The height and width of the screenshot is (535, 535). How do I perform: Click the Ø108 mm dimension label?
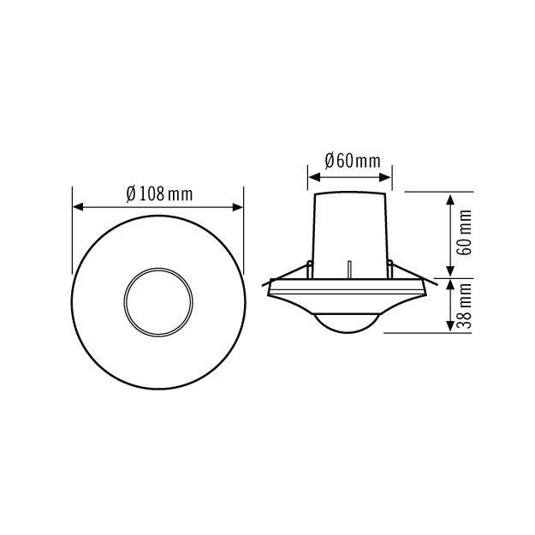[x=159, y=193]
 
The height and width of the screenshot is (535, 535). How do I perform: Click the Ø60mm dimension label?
[x=353, y=161]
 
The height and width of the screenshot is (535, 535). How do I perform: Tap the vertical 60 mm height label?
[x=464, y=233]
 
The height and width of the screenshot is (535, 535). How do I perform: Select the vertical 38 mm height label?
[x=464, y=306]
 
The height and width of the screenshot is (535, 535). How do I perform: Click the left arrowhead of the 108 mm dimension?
[x=78, y=207]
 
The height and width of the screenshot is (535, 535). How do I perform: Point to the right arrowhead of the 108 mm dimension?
[x=238, y=207]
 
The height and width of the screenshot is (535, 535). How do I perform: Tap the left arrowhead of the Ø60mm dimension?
[x=314, y=177]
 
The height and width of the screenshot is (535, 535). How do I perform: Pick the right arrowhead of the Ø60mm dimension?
[x=385, y=177]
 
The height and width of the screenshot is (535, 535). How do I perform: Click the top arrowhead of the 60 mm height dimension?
[x=451, y=200]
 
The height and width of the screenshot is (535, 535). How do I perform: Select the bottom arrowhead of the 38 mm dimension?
[x=451, y=325]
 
